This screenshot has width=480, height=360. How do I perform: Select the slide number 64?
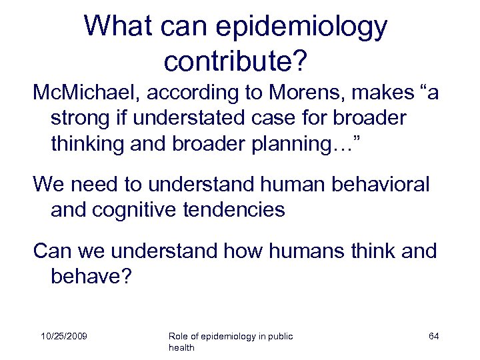(x=433, y=335)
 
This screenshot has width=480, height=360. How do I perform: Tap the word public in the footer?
(x=279, y=335)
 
